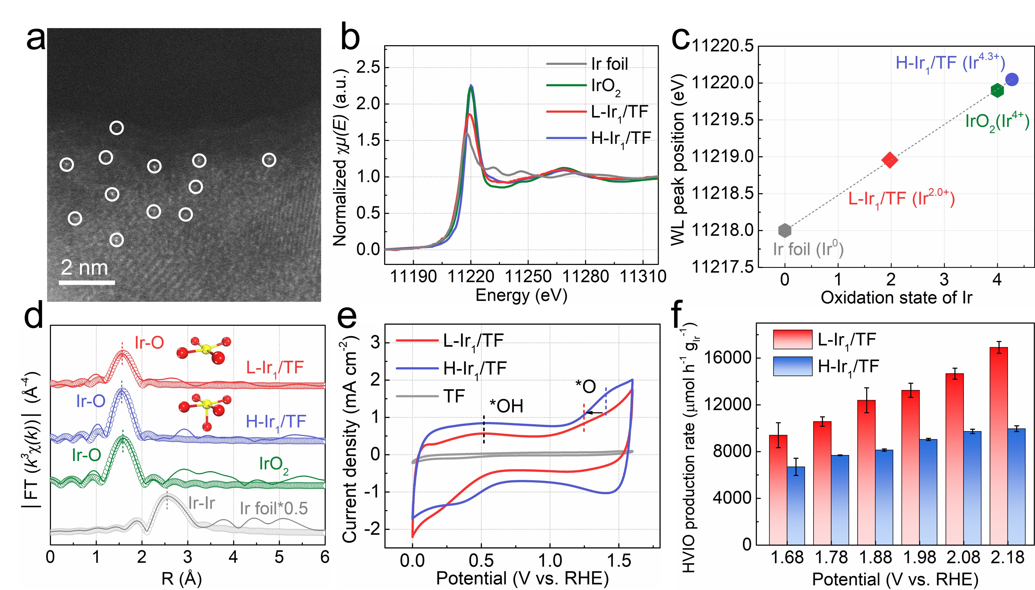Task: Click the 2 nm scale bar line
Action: tap(87, 282)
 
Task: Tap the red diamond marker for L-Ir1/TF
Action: tap(890, 160)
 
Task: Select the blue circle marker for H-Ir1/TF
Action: tap(1012, 79)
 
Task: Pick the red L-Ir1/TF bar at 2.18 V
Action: tap(998, 446)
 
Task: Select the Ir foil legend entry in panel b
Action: tap(588, 64)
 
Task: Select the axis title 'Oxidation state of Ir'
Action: tap(896, 298)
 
